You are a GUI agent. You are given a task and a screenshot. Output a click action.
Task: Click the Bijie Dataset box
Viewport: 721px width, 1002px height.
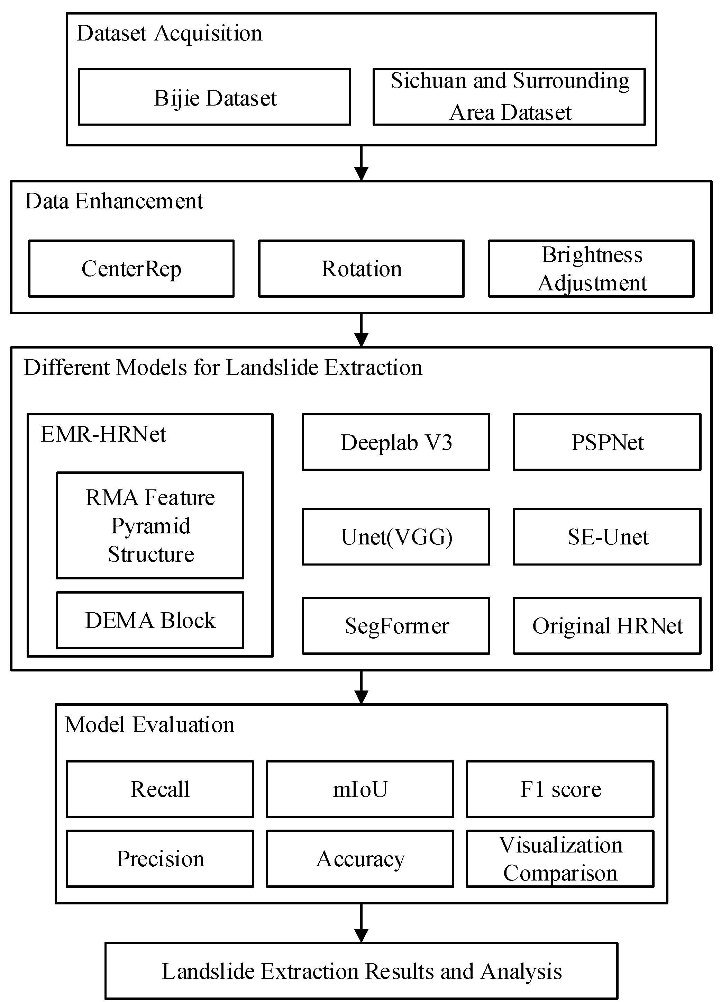tap(215, 97)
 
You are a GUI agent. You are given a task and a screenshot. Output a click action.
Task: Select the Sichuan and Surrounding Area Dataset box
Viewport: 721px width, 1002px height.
tap(509, 97)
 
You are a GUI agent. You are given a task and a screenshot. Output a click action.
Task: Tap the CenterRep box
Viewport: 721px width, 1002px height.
tap(131, 269)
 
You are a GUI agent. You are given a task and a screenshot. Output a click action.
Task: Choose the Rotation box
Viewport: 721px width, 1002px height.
tap(361, 269)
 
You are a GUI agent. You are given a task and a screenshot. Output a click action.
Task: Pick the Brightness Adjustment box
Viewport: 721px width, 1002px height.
tap(591, 269)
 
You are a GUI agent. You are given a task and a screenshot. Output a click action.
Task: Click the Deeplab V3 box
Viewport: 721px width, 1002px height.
tap(396, 442)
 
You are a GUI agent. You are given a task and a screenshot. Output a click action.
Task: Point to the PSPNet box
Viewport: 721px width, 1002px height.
tap(607, 442)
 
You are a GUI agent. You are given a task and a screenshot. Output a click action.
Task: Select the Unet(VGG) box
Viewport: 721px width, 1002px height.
tap(396, 536)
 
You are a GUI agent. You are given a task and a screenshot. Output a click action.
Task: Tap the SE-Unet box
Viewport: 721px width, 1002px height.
tap(607, 536)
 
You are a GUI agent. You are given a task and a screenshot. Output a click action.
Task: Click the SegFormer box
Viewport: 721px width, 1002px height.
tap(396, 625)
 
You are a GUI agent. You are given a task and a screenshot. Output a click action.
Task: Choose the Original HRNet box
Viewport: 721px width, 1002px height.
tap(607, 625)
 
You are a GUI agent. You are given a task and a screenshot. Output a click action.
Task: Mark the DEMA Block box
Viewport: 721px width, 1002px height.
tap(150, 620)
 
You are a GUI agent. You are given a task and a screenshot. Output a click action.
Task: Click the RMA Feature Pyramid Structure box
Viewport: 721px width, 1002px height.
tap(150, 525)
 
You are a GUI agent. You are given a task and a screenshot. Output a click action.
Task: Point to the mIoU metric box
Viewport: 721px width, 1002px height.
tap(360, 789)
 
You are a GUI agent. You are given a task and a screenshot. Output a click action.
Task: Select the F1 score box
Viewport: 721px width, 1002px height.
tap(560, 789)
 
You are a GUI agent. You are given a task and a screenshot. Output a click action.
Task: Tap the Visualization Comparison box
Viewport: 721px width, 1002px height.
tap(560, 858)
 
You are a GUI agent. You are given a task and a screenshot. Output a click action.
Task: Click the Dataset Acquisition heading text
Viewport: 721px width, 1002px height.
tap(169, 34)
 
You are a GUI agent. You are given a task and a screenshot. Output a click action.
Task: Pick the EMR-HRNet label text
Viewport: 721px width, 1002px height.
tap(103, 434)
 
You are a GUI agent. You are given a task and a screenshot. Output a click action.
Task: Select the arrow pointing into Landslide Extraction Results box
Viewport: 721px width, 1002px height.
tap(361, 923)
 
